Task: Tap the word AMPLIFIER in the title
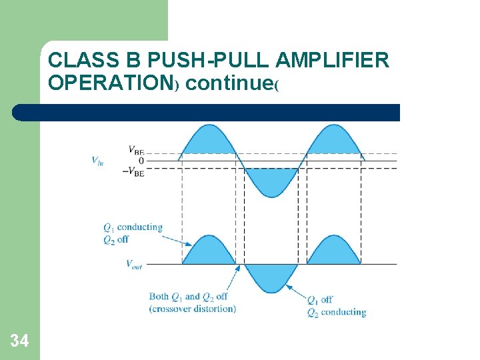tap(331, 61)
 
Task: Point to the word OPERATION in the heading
tap(111, 84)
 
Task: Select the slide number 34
tap(19, 341)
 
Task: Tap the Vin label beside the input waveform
tap(97, 160)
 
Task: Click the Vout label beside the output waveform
tap(133, 264)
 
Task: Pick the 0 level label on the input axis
tap(141, 161)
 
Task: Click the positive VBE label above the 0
tap(135, 150)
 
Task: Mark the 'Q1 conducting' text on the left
tap(133, 227)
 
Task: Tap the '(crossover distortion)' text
tap(192, 308)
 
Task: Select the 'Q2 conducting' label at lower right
tap(337, 312)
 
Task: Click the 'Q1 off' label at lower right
tap(320, 299)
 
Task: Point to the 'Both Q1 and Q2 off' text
tap(189, 297)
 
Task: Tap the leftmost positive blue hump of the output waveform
tap(208, 253)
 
